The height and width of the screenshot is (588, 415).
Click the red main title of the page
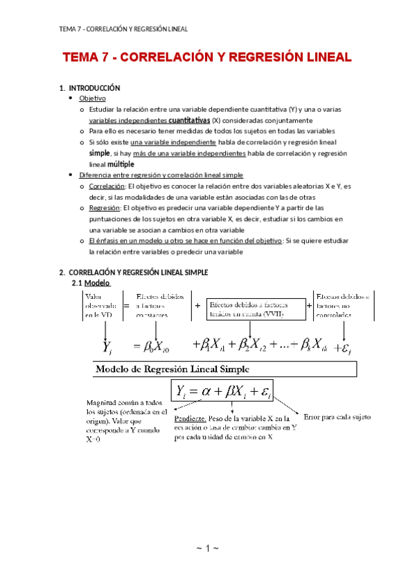tap(207, 58)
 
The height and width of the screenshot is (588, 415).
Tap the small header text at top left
tap(124, 28)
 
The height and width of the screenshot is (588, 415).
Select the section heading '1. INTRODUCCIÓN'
tap(91, 88)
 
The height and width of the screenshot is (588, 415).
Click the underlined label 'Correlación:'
tap(107, 186)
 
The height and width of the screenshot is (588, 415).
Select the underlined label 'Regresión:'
tap(104, 207)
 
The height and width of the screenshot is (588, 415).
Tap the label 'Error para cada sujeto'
tap(337, 417)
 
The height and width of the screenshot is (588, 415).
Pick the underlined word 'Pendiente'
tap(189, 420)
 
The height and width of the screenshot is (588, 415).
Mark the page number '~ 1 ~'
tap(207, 549)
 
